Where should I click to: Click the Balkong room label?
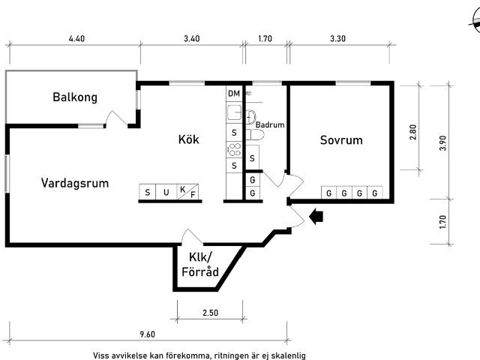point(75,97)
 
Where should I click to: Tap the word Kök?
point(188,139)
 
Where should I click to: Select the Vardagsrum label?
point(75,182)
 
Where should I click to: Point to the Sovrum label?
point(341,140)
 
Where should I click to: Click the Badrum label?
point(270,125)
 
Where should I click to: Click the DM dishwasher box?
point(234,93)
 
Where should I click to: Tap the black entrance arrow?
point(316,217)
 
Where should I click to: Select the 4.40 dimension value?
point(76,37)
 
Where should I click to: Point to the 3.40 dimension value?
point(191,37)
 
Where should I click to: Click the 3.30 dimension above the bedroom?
point(337,37)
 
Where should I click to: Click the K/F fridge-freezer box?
point(187,193)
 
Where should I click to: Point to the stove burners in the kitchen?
point(234,149)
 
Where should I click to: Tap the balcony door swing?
point(116,118)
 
